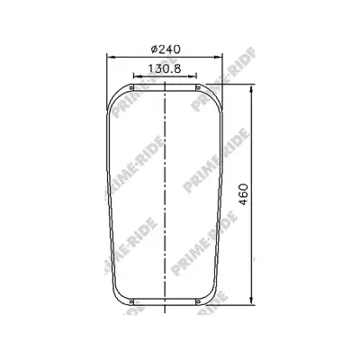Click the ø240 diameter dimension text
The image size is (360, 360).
166,49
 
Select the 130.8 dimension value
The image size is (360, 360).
165,69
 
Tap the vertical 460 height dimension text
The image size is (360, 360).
244,194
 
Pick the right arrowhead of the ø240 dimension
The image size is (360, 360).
218,57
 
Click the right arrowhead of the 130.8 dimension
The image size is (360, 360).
193,76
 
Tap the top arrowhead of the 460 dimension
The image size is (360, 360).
251,89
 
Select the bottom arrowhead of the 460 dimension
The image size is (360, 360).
251,301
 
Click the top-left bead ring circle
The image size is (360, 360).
131,87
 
